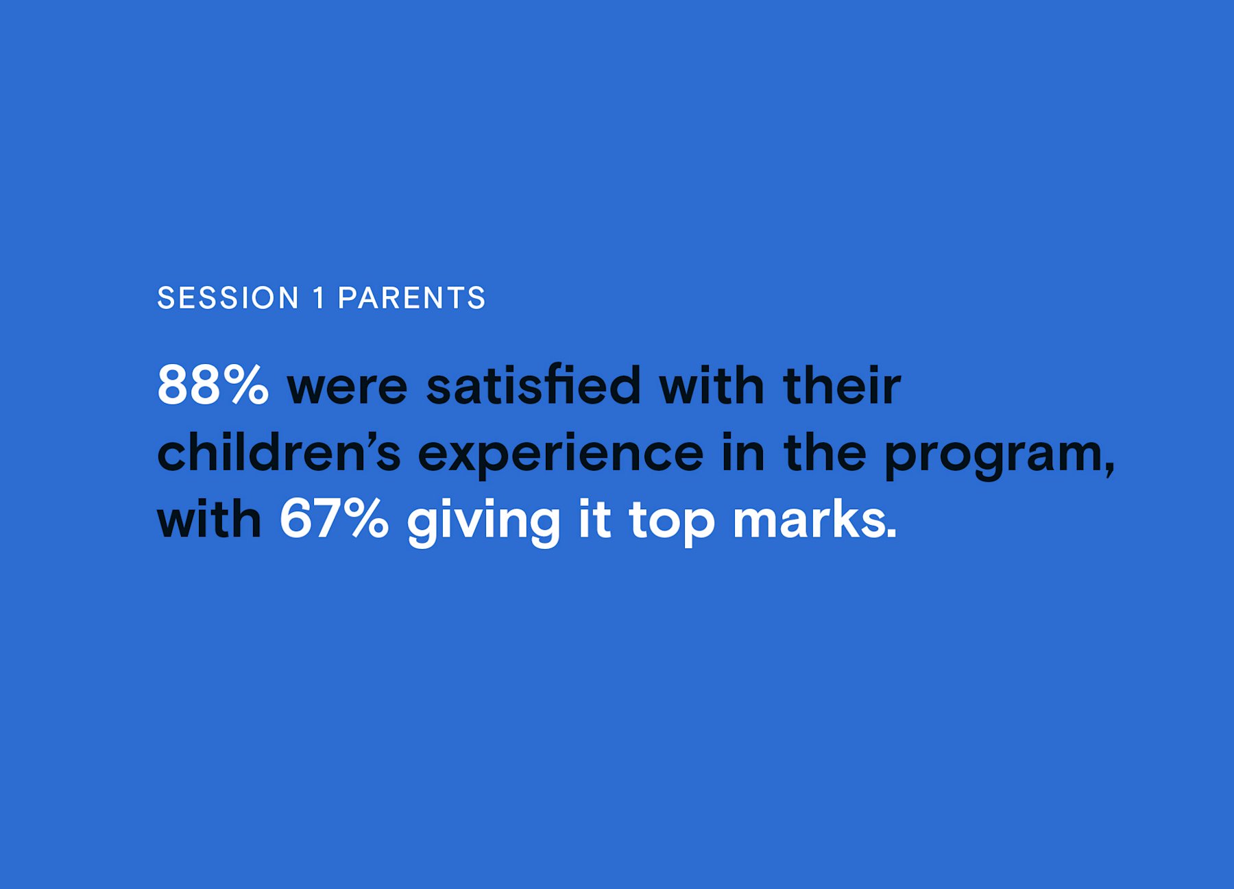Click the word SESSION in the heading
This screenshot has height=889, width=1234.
tap(228, 298)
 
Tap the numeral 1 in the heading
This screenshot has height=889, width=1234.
tap(319, 298)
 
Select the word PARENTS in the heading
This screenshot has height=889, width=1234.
tap(411, 298)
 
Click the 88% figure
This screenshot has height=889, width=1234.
tap(213, 385)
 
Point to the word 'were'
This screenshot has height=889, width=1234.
tap(347, 388)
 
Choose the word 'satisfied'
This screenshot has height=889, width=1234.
tap(533, 385)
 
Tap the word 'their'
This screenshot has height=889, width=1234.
tap(842, 385)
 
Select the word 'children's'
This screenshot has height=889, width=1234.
tap(279, 452)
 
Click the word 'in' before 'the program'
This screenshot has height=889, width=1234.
tap(742, 452)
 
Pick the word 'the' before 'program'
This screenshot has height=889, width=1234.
tap(825, 452)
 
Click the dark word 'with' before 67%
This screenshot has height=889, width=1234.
tap(210, 519)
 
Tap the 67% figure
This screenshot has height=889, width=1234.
tap(334, 518)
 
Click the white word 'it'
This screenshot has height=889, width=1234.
tap(594, 519)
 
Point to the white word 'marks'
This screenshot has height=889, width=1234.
tap(810, 519)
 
